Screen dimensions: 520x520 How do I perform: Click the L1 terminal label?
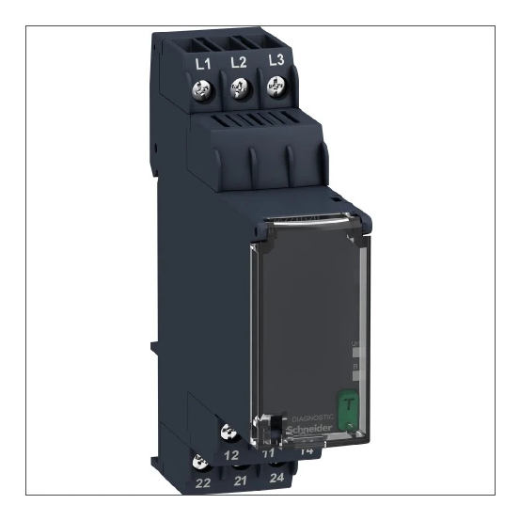(x=200, y=63)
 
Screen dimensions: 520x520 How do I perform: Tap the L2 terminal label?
(x=238, y=63)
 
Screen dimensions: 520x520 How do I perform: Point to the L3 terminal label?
(x=276, y=61)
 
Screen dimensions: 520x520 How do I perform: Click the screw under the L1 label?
(x=200, y=90)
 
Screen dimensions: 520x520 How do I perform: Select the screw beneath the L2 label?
(x=238, y=89)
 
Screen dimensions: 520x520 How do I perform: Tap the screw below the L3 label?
(x=276, y=87)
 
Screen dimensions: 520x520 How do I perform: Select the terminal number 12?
(x=231, y=454)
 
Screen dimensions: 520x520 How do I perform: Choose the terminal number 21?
(x=240, y=481)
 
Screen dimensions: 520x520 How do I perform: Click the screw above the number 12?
(x=227, y=433)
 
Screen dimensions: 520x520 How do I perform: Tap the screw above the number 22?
(x=199, y=462)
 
